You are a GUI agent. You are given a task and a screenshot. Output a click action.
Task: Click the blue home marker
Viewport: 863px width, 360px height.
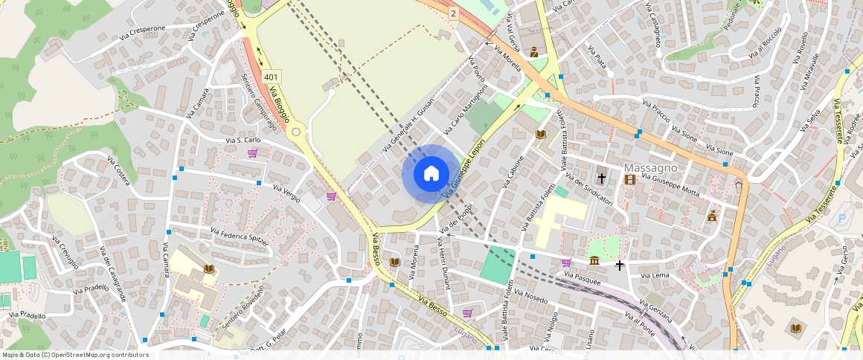coord(431,174)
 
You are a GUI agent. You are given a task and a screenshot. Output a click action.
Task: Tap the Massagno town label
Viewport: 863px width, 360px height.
coord(651,167)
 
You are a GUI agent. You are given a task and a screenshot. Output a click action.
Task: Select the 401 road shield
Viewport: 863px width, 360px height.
coord(272,77)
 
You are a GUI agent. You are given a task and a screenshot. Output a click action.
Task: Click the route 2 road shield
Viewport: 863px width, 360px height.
coord(453,13)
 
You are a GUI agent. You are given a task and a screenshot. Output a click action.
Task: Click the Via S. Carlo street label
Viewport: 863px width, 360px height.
coord(243,140)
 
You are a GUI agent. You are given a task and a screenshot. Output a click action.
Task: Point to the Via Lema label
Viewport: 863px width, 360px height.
coord(655,275)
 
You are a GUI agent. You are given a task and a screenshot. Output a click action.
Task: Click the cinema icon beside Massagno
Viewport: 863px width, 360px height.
coord(630,179)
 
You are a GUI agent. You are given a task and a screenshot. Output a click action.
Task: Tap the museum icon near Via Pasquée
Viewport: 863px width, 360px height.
coord(594,260)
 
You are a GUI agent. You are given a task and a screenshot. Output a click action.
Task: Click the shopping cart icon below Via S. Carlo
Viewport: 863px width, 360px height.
coord(252,153)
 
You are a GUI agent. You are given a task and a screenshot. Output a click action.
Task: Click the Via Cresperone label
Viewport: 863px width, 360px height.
coord(143,29)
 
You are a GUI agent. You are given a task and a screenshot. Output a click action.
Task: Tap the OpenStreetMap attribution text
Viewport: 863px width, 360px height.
coord(75,355)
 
